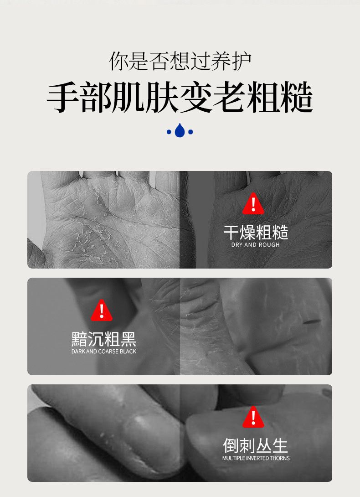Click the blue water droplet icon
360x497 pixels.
coord(180,130)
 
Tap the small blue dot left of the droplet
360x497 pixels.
coord(169,132)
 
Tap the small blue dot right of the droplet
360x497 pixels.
coord(190,132)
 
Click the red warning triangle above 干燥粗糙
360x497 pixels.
coord(253,204)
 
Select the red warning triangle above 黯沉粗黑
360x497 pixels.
coord(102,311)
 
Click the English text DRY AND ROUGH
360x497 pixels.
coord(256,245)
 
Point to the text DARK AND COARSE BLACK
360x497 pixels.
coord(103,351)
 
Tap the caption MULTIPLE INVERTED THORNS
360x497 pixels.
coord(256,458)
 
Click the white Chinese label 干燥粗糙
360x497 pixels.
coord(256,233)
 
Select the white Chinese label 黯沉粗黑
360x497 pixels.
coord(103,339)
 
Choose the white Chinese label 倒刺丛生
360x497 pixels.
coord(256,445)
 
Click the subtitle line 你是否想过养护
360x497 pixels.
coord(180,61)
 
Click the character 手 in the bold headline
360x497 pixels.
coord(63,97)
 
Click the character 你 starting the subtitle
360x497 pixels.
coord(119,61)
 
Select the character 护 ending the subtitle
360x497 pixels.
coord(242,61)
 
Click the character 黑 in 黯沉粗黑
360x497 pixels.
coord(129,339)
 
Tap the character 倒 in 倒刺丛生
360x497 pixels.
coord(231,445)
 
